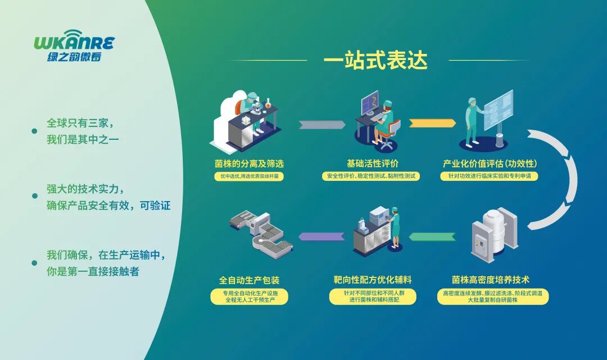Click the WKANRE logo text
(74, 43)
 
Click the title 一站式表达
(375, 60)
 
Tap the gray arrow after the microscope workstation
(321, 124)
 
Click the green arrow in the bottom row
(432, 236)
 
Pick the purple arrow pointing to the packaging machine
(321, 236)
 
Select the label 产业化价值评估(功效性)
(490, 164)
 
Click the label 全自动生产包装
(249, 280)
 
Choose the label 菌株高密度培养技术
(491, 280)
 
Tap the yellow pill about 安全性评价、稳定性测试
(372, 176)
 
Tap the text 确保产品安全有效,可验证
(108, 206)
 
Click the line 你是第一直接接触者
(93, 271)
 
